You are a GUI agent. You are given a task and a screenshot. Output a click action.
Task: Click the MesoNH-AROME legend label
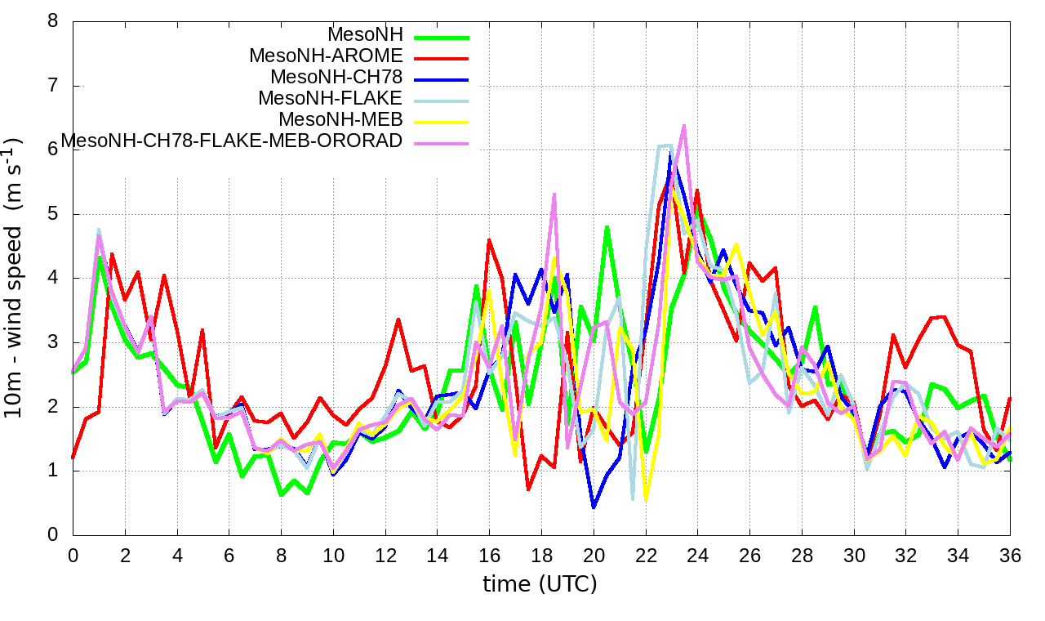pyautogui.click(x=326, y=56)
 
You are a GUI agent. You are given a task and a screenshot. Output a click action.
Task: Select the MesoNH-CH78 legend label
pyautogui.click(x=336, y=78)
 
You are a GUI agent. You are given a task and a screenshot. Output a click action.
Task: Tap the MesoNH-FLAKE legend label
pyautogui.click(x=330, y=99)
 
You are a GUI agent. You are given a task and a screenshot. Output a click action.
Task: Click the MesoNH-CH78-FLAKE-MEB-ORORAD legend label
pyautogui.click(x=232, y=141)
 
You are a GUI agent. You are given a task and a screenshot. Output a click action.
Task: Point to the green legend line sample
pyautogui.click(x=442, y=37)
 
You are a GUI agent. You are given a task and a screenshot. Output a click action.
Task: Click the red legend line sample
pyautogui.click(x=442, y=58)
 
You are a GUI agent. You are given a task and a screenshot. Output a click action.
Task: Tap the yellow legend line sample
pyautogui.click(x=442, y=122)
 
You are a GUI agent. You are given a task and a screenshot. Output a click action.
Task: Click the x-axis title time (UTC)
pyautogui.click(x=540, y=584)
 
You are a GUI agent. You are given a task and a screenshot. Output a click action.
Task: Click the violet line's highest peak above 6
pyautogui.click(x=683, y=126)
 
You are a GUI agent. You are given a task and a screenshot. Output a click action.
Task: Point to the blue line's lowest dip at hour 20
pyautogui.click(x=594, y=507)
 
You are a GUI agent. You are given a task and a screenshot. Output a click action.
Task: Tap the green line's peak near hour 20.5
pyautogui.click(x=607, y=227)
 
